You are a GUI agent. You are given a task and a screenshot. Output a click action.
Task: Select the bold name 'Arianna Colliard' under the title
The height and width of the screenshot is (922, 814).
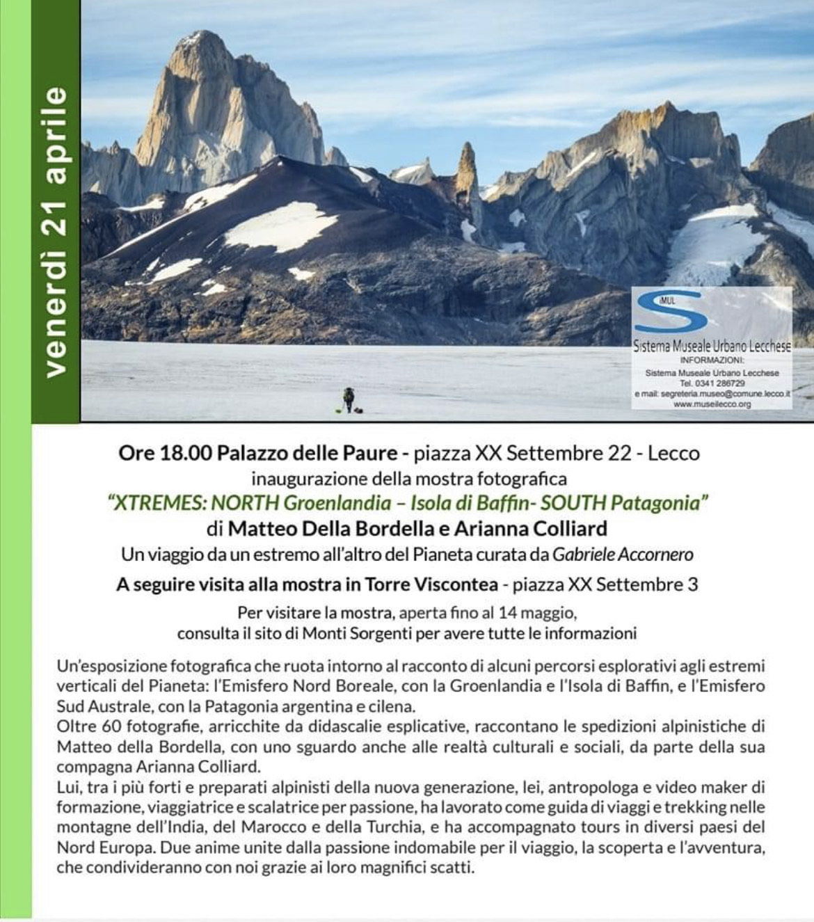pos(530,529)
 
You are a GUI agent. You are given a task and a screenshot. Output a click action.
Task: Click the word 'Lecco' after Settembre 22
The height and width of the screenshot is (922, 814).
pos(673,454)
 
